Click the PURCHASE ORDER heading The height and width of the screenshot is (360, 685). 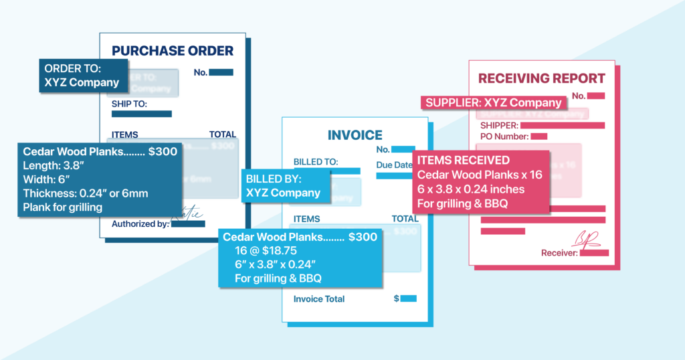click(173, 51)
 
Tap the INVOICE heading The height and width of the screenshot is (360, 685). click(355, 135)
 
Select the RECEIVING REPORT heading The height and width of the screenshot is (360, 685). click(541, 78)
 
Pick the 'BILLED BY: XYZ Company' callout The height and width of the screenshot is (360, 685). click(286, 186)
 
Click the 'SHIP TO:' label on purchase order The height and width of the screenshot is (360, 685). click(129, 104)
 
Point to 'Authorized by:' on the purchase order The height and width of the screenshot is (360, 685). click(140, 223)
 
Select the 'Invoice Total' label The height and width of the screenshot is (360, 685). click(319, 298)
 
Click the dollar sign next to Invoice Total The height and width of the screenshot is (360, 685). click(396, 298)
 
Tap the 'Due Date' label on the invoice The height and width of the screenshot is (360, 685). click(394, 165)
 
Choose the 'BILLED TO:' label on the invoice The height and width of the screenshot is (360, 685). click(316, 161)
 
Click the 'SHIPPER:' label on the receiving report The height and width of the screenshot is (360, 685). click(499, 125)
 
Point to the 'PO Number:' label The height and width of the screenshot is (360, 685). click(504, 137)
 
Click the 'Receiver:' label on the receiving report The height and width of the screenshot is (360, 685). click(560, 252)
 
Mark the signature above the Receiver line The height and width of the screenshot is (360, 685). click(585, 238)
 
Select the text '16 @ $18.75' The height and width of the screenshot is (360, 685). click(264, 250)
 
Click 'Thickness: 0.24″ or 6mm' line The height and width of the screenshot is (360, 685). click(86, 193)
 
